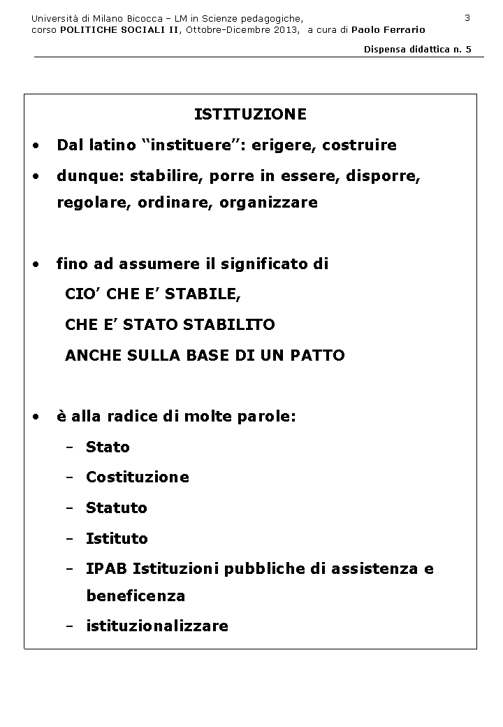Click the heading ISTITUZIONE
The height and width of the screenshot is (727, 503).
(250, 114)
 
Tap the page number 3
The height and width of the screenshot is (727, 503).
(467, 17)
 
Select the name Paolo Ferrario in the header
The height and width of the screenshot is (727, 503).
(388, 29)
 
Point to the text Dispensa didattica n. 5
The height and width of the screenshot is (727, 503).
(418, 49)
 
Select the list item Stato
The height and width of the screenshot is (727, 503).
(108, 447)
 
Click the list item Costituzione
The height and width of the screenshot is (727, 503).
(137, 477)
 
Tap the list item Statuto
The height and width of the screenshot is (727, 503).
(116, 508)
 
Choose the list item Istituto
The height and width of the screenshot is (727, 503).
(117, 538)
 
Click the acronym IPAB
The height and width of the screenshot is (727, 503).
(106, 569)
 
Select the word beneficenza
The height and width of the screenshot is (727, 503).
(136, 596)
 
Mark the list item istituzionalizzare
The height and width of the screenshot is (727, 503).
(156, 626)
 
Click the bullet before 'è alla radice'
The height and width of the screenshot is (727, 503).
(36, 417)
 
